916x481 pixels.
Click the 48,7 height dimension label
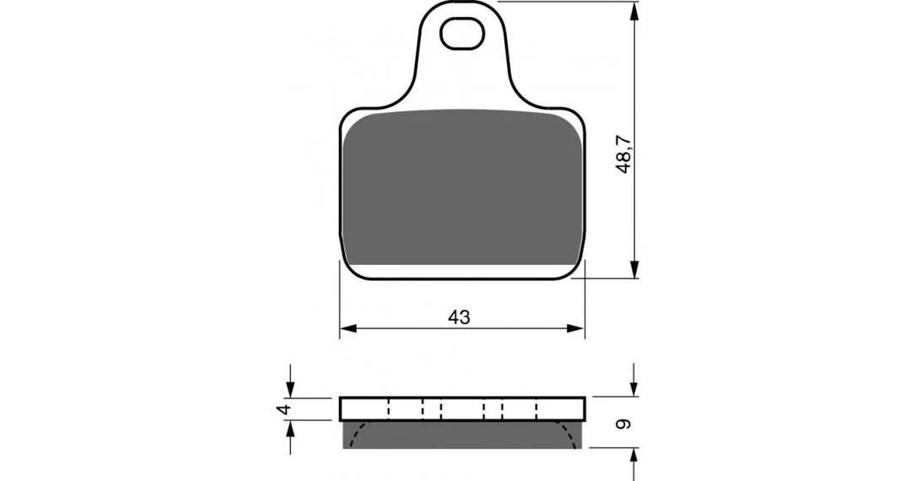624,154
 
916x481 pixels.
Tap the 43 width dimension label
459,317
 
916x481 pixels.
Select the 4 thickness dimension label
283,408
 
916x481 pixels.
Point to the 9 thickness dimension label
624,424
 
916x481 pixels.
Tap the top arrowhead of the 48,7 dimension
634,10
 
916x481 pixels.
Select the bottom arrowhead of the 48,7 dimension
634,269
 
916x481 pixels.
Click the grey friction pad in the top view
462,187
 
